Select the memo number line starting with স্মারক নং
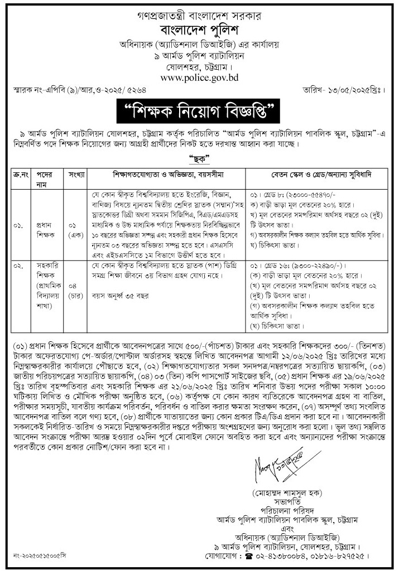[63, 89]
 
